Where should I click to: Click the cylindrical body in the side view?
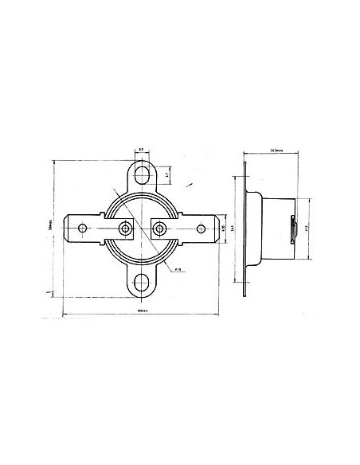[x=275, y=227]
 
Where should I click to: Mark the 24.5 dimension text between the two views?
[x=233, y=228]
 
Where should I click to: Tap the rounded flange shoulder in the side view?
[x=255, y=199]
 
